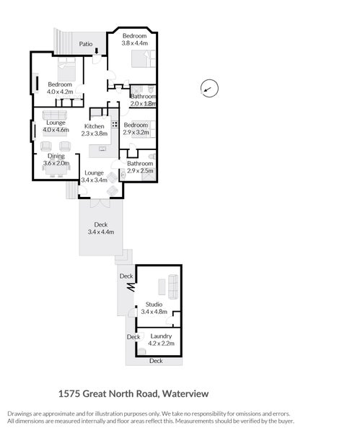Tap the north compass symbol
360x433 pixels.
(x=207, y=89)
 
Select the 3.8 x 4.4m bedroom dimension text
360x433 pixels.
(x=134, y=43)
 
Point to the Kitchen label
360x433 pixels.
(x=95, y=126)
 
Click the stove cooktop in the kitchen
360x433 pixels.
(x=114, y=124)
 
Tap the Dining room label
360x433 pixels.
(x=56, y=156)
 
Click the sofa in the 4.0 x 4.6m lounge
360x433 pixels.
(x=55, y=115)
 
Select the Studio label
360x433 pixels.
(x=154, y=305)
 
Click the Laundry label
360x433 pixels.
(x=161, y=336)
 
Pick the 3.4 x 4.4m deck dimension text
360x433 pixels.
(x=101, y=232)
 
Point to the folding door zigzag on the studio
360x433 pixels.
(x=132, y=287)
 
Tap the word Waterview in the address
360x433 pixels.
(x=185, y=394)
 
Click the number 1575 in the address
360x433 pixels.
(x=69, y=394)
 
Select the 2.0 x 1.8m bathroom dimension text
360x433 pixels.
(x=143, y=104)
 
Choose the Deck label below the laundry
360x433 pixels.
(x=156, y=360)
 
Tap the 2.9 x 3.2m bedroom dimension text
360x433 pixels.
(x=136, y=133)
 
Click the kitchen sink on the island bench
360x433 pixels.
(x=102, y=149)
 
